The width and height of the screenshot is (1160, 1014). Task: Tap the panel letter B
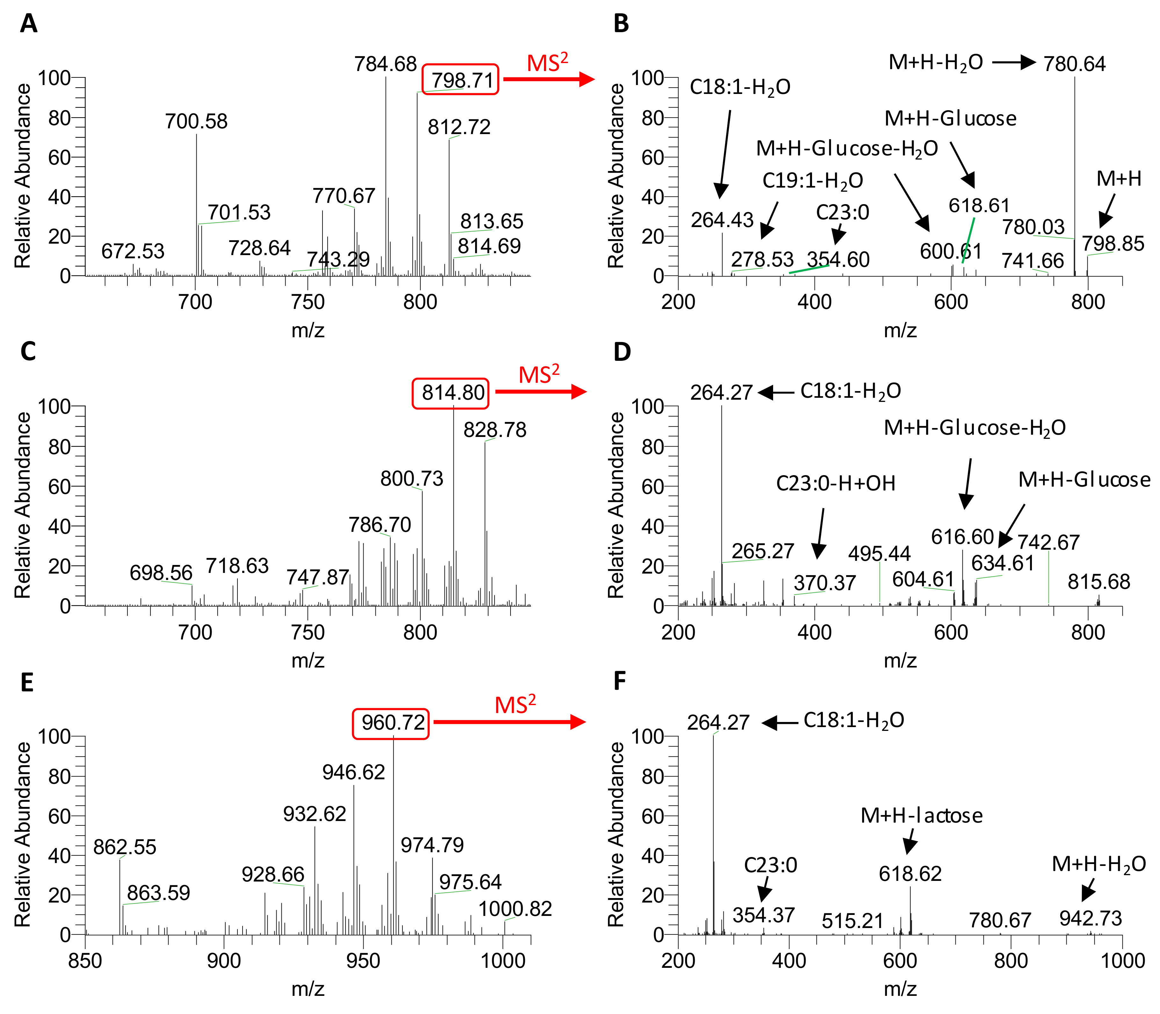click(x=621, y=24)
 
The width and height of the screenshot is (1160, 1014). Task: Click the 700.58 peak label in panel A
click(x=196, y=121)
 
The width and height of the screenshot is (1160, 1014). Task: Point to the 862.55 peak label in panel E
click(x=125, y=847)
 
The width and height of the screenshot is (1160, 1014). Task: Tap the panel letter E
click(x=27, y=683)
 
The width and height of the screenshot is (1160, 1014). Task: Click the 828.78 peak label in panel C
click(x=495, y=430)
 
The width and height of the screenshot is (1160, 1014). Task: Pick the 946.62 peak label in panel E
click(x=353, y=772)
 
